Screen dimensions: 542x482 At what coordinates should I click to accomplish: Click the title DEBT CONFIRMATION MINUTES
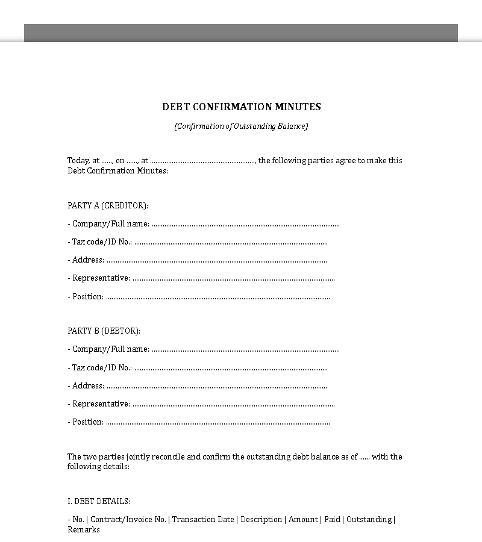pos(241,107)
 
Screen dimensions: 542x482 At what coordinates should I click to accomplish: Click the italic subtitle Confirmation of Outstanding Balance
pos(241,126)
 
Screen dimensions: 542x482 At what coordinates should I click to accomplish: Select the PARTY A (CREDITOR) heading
pos(108,206)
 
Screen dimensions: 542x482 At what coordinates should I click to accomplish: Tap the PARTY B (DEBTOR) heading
pos(104,331)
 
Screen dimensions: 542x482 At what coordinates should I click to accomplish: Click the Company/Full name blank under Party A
pos(245,225)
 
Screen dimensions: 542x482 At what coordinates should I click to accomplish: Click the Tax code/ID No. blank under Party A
pos(231,243)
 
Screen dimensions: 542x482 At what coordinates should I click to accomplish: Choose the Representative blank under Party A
pos(233,279)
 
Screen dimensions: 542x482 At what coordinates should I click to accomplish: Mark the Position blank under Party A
pos(218,297)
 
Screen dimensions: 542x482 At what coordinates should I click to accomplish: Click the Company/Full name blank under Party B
pos(245,350)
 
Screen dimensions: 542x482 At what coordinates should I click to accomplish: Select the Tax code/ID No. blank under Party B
pos(231,368)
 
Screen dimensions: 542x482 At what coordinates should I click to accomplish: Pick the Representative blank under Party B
pos(233,404)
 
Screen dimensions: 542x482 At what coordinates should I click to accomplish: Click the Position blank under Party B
pos(218,422)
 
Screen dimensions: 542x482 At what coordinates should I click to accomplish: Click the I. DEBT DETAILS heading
pos(99,502)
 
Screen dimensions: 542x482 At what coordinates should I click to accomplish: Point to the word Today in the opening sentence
pos(78,161)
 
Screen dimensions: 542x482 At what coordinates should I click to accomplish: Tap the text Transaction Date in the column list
pos(203,520)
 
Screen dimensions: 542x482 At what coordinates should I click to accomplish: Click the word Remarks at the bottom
pos(84,530)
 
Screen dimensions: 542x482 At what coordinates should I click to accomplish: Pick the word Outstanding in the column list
pos(369,520)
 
